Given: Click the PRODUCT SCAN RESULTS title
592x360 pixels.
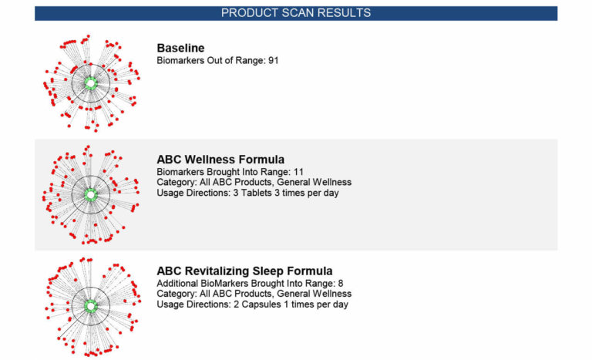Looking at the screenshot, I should click(295, 13).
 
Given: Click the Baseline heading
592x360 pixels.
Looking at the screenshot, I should click(180, 49).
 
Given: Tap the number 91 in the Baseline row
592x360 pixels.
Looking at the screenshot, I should click(273, 60).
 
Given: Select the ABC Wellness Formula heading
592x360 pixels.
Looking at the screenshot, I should click(220, 160).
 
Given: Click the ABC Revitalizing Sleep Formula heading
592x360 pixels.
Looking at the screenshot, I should click(244, 271).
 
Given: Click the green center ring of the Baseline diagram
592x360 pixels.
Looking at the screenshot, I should click(89, 82).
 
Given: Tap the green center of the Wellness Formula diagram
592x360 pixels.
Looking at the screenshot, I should click(90, 195).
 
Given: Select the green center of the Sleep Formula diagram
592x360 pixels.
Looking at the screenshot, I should click(90, 305).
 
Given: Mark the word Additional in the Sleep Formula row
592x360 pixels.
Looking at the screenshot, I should click(179, 283).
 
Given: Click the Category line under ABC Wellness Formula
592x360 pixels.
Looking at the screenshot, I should click(254, 182).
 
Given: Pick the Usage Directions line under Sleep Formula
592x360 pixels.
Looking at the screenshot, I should click(252, 304).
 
